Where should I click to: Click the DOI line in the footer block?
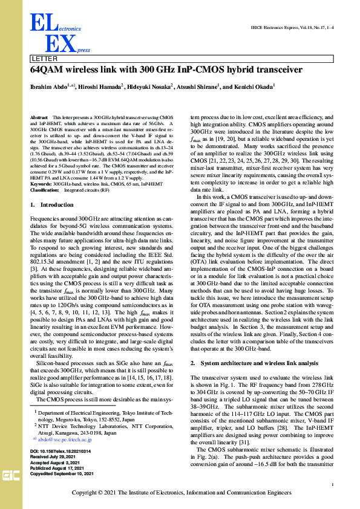pyautogui.click(x=59, y=452)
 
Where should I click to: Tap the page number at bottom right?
pyautogui.click(x=333, y=485)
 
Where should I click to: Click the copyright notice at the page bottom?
pyautogui.click(x=180, y=493)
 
